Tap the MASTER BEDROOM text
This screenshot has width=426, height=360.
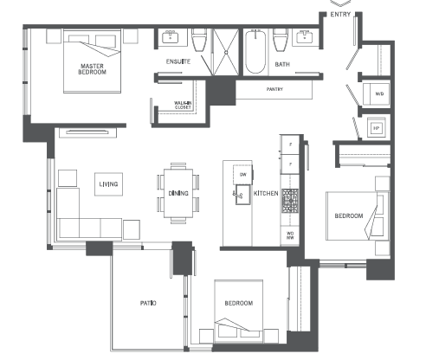click(92, 69)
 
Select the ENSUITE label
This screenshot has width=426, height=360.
click(178, 62)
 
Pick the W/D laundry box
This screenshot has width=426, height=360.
click(379, 94)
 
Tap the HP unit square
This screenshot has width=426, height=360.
click(377, 127)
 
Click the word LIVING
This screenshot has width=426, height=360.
click(108, 183)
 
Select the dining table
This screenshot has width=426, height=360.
click(177, 191)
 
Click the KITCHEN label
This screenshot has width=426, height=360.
click(266, 193)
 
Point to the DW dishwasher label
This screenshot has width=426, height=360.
click(242, 176)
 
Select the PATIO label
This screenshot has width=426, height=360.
click(148, 303)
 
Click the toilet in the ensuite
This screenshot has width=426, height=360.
click(198, 41)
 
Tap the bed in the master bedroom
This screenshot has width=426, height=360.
click(92, 63)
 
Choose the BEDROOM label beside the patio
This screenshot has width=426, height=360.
click(239, 303)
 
